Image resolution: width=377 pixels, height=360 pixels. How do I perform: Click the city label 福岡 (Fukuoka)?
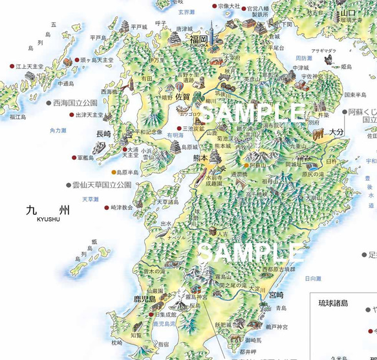(198, 39)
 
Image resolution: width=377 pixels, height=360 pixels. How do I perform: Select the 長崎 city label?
(103, 134)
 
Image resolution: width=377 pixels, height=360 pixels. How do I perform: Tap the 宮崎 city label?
(276, 295)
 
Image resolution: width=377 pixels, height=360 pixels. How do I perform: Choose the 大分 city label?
(336, 131)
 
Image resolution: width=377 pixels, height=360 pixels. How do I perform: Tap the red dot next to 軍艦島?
(72, 157)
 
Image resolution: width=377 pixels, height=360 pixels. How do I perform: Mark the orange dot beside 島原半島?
(114, 172)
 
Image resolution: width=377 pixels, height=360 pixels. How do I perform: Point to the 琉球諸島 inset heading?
(332, 302)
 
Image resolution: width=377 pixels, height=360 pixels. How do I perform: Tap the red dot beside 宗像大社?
(215, 6)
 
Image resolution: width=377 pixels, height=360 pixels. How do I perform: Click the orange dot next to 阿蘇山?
(244, 166)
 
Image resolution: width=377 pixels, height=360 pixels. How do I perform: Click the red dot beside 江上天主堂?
(11, 66)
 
